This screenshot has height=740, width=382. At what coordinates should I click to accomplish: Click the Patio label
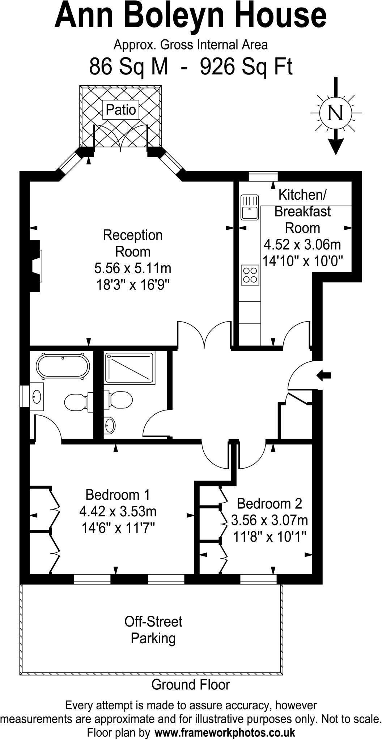pos(121,110)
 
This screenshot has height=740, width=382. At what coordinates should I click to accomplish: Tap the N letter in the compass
pos(335,113)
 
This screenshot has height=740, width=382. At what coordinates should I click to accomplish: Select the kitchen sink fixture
pos(250,207)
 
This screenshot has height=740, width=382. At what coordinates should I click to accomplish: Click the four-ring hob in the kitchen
pos(250,275)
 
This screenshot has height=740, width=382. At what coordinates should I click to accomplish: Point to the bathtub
pos(63,367)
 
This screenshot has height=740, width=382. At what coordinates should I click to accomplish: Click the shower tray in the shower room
pos(130,368)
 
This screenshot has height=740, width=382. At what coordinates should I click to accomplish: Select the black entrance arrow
pos(324,375)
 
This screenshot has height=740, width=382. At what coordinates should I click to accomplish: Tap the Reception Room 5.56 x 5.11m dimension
pos(132,268)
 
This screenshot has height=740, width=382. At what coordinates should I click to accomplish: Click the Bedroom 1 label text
pos(118,495)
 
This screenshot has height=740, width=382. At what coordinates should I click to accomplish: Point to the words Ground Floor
pos(191,684)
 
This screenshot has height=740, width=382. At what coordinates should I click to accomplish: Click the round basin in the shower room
pos(109,425)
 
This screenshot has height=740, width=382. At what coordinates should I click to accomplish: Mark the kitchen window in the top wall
pos(263,176)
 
